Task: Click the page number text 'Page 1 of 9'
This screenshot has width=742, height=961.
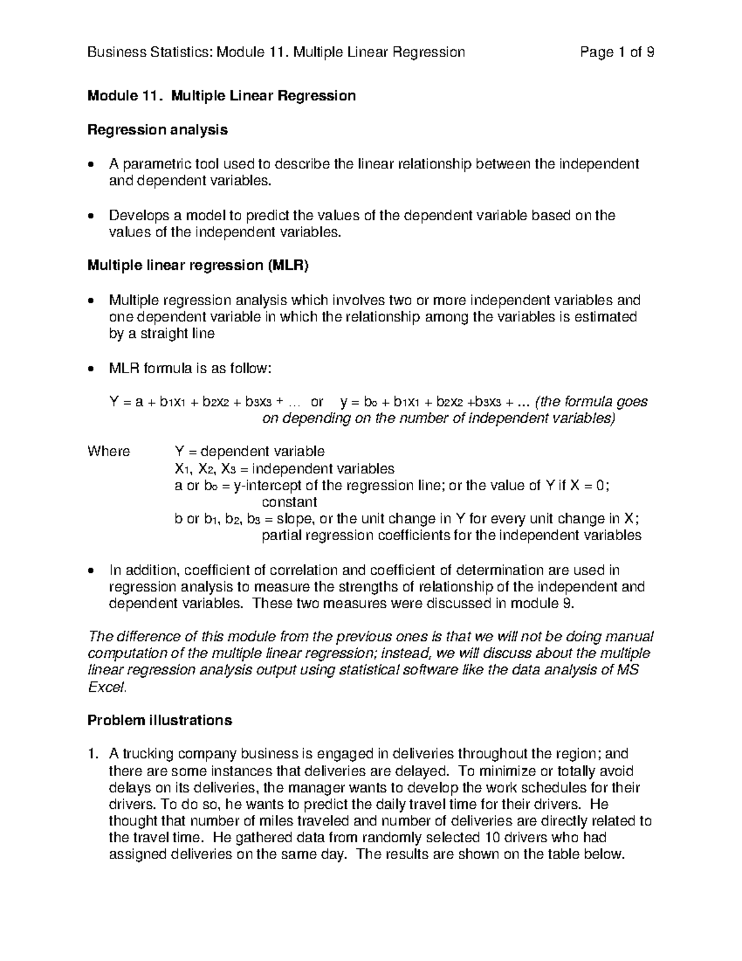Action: tap(616, 52)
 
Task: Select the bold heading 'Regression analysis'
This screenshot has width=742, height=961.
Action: tap(157, 130)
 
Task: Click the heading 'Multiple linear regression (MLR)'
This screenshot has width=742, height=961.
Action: tap(197, 266)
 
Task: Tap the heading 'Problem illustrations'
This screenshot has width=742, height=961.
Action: tap(160, 720)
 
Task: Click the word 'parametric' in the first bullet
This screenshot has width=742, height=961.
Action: tap(149, 164)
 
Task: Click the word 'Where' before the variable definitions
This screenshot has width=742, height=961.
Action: tap(109, 451)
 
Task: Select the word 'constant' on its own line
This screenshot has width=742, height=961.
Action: tap(289, 502)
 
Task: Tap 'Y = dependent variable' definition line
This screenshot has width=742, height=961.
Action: tap(250, 451)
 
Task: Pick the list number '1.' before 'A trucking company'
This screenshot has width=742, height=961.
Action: tap(92, 754)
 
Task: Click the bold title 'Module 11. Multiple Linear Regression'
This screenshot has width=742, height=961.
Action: tap(221, 96)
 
